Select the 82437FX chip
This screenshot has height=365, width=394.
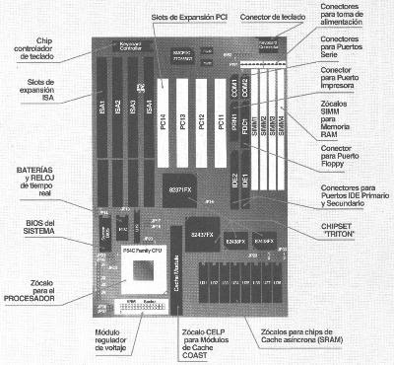[202, 237]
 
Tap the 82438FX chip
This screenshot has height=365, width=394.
[233, 239]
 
